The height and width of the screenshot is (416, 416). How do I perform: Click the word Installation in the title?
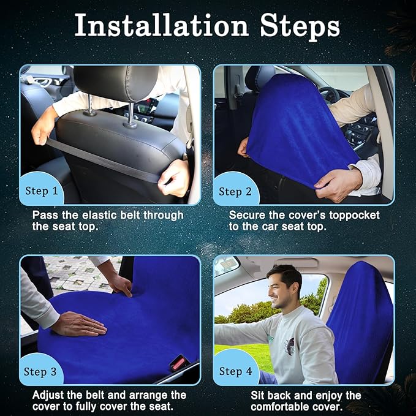tap(161, 25)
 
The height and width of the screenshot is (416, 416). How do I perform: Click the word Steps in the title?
tap(300, 27)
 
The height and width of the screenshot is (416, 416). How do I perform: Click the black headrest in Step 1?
tap(117, 82)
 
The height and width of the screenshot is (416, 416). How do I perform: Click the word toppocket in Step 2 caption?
tap(354, 216)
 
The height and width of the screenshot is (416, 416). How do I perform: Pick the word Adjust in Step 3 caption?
tap(48, 396)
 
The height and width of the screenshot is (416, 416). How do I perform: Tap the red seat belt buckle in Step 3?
tap(179, 363)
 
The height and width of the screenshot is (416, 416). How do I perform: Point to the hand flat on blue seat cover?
tap(80, 324)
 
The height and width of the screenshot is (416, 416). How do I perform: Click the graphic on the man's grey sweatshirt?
tap(290, 346)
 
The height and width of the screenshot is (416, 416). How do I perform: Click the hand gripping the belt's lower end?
tap(174, 178)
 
